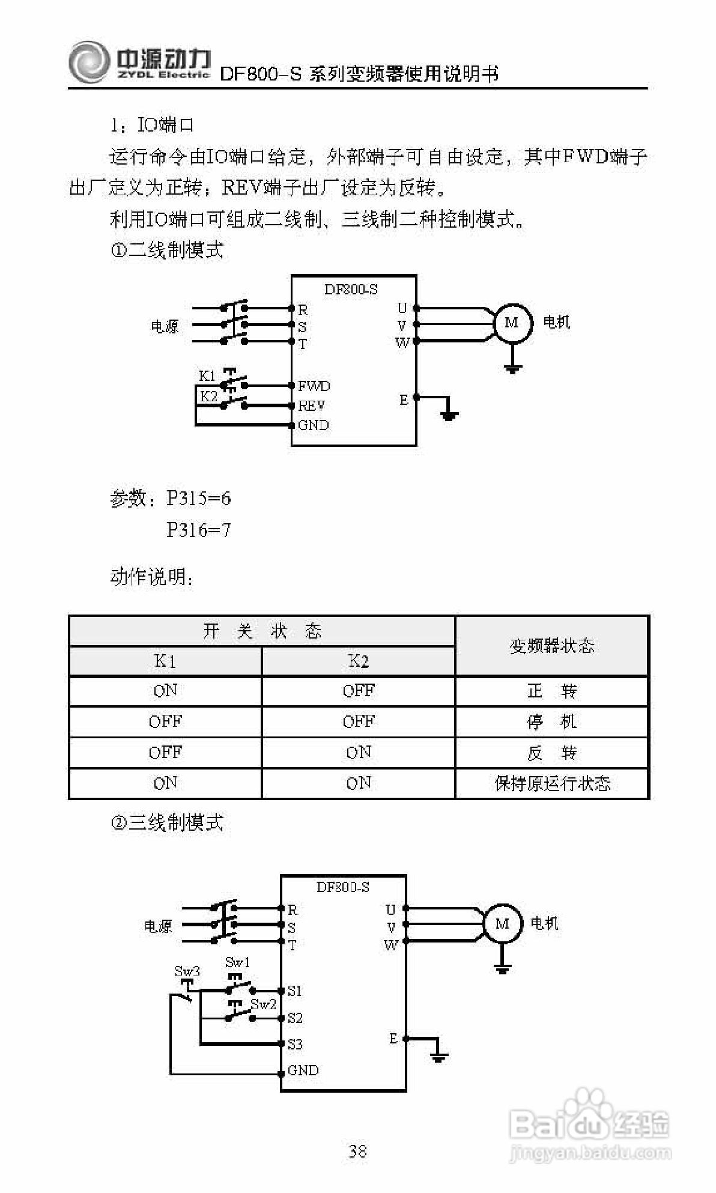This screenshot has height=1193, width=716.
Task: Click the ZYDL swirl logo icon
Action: point(89,62)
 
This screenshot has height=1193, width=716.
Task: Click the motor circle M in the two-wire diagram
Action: point(512,323)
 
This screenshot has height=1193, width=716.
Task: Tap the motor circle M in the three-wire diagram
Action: point(502,923)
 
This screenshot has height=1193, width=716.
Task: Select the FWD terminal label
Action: point(314,386)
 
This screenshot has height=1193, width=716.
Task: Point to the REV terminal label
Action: point(311,406)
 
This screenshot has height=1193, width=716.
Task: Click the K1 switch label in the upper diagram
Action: point(207,376)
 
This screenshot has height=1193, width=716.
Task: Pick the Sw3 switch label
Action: point(187,971)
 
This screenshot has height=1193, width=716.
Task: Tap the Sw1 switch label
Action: point(237,962)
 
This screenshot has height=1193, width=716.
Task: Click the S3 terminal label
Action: point(295,1044)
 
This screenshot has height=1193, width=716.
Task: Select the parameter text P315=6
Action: point(198,499)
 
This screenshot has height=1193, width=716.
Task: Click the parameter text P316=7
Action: point(198,530)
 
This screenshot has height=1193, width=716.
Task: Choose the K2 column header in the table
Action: point(358,661)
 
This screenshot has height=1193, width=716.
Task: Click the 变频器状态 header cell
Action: point(552,646)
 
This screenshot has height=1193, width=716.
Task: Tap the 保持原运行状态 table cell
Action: point(552,783)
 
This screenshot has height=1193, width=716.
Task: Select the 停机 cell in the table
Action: point(552,721)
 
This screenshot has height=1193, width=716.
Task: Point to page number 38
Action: point(358,1151)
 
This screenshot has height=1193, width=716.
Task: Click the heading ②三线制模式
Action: point(167,822)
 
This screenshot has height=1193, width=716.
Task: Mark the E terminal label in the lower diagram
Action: point(393,1039)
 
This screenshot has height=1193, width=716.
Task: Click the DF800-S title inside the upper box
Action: point(351,290)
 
